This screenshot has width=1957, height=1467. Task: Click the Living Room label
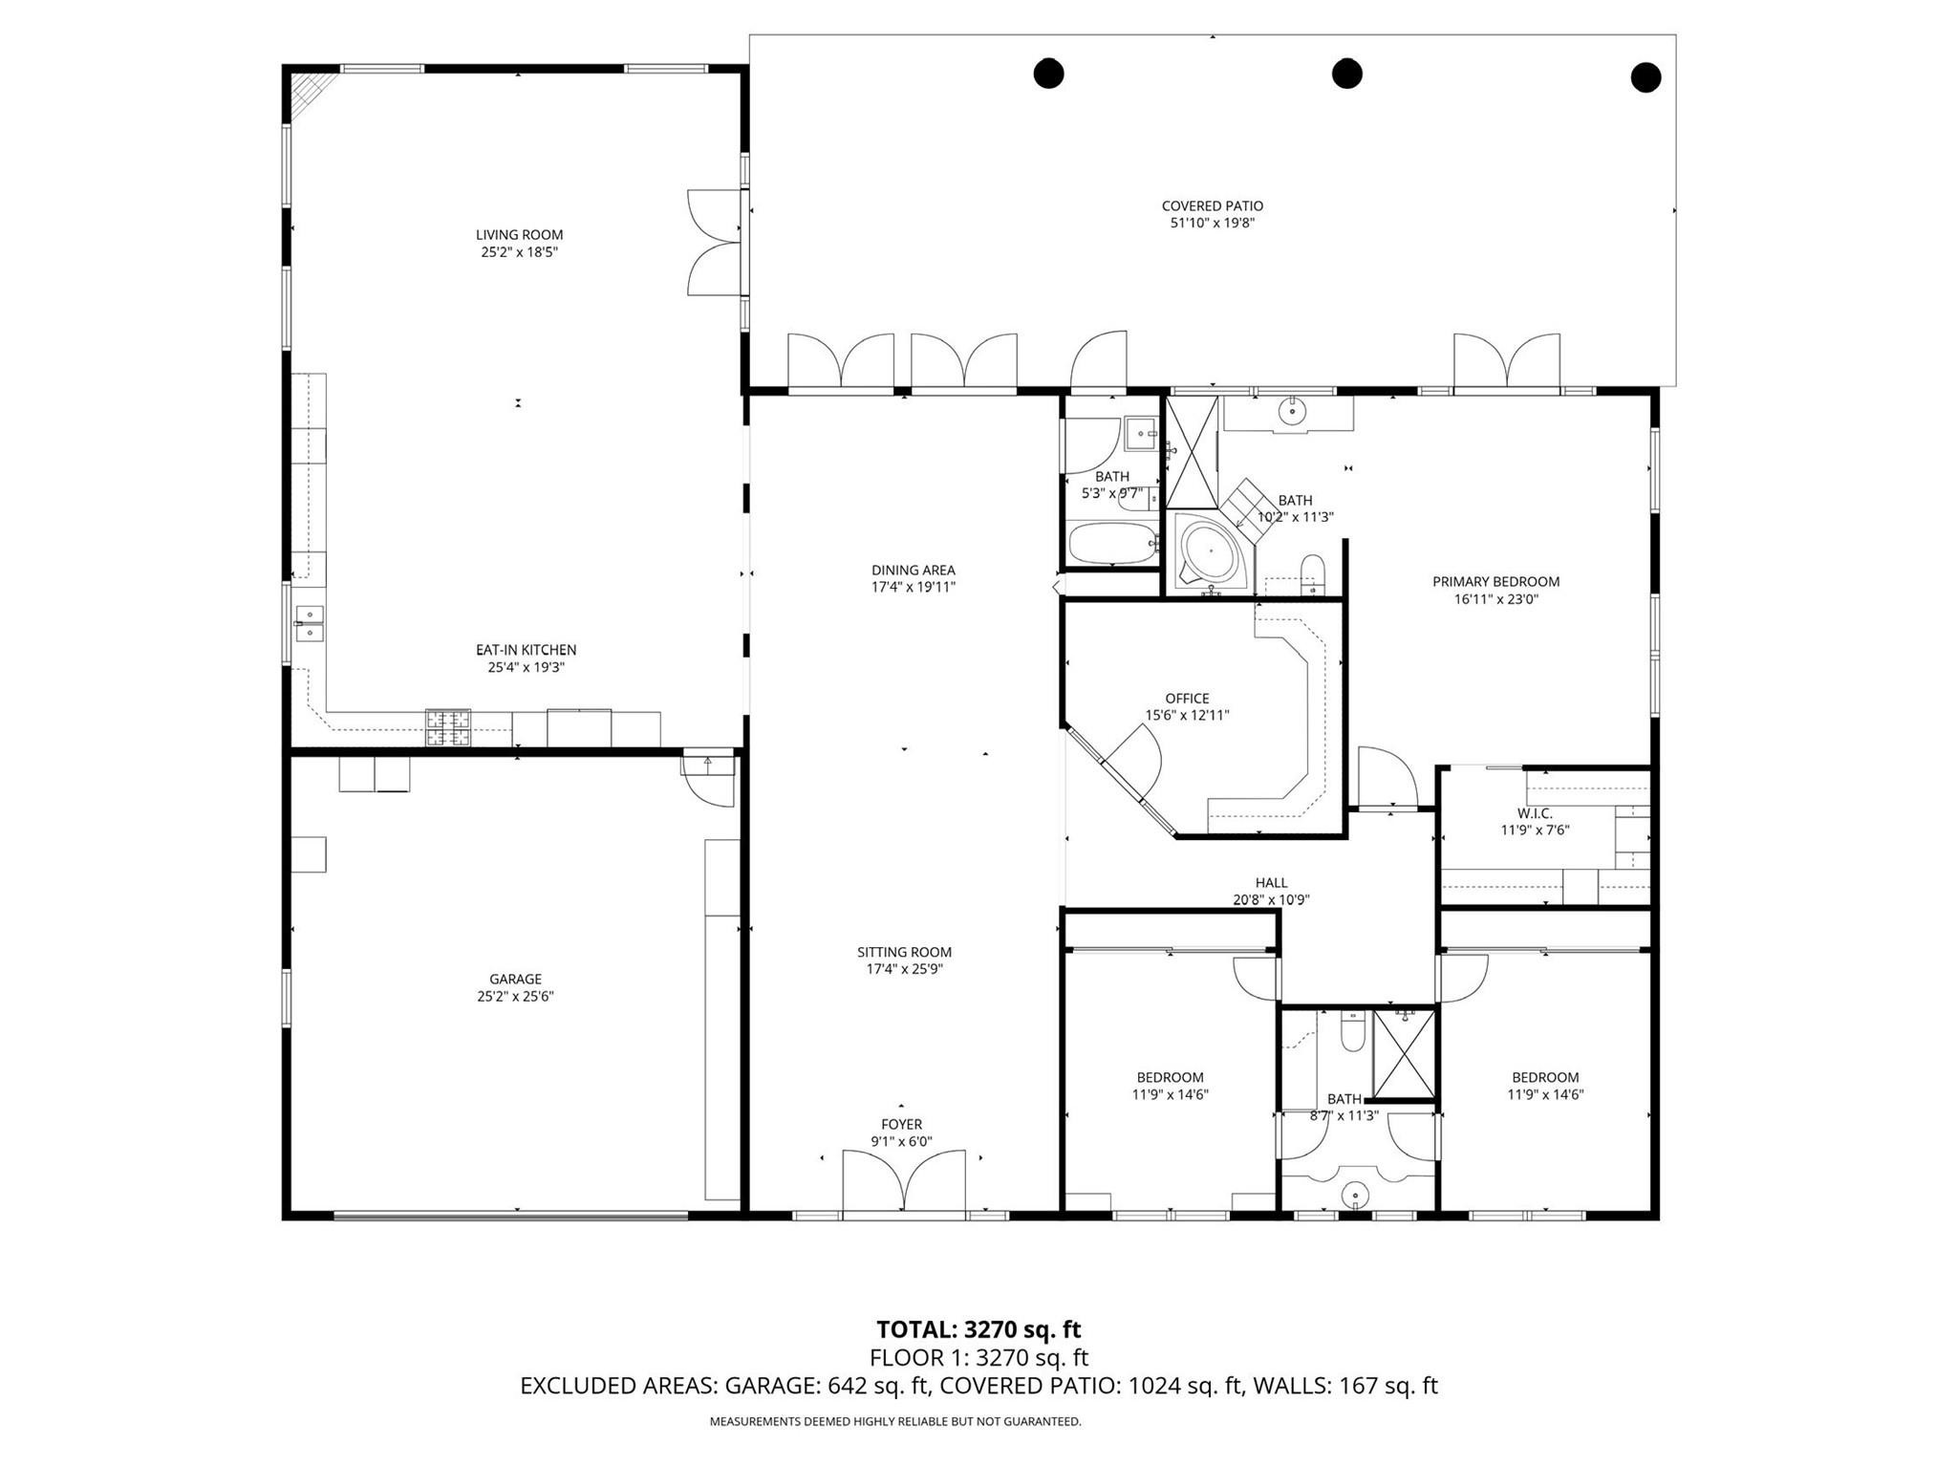tap(519, 235)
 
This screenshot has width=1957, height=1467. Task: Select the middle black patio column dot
tap(1346, 73)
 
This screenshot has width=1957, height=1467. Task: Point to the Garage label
tap(515, 979)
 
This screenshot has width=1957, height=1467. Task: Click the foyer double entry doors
tap(903, 1182)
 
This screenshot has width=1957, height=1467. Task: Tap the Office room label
tap(1187, 699)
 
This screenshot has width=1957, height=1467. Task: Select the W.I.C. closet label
tap(1534, 813)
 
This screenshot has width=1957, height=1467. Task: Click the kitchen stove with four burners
tap(448, 727)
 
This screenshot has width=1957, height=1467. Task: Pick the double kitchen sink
tap(310, 623)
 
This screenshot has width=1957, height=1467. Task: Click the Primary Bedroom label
tap(1495, 582)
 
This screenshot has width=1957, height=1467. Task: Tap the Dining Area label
tap(913, 571)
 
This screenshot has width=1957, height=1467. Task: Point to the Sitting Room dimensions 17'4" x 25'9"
tap(904, 969)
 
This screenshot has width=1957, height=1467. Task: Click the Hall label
tap(1271, 883)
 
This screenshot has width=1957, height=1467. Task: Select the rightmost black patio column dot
tap(1645, 77)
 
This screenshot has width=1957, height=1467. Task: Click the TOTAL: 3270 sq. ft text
tap(978, 1329)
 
